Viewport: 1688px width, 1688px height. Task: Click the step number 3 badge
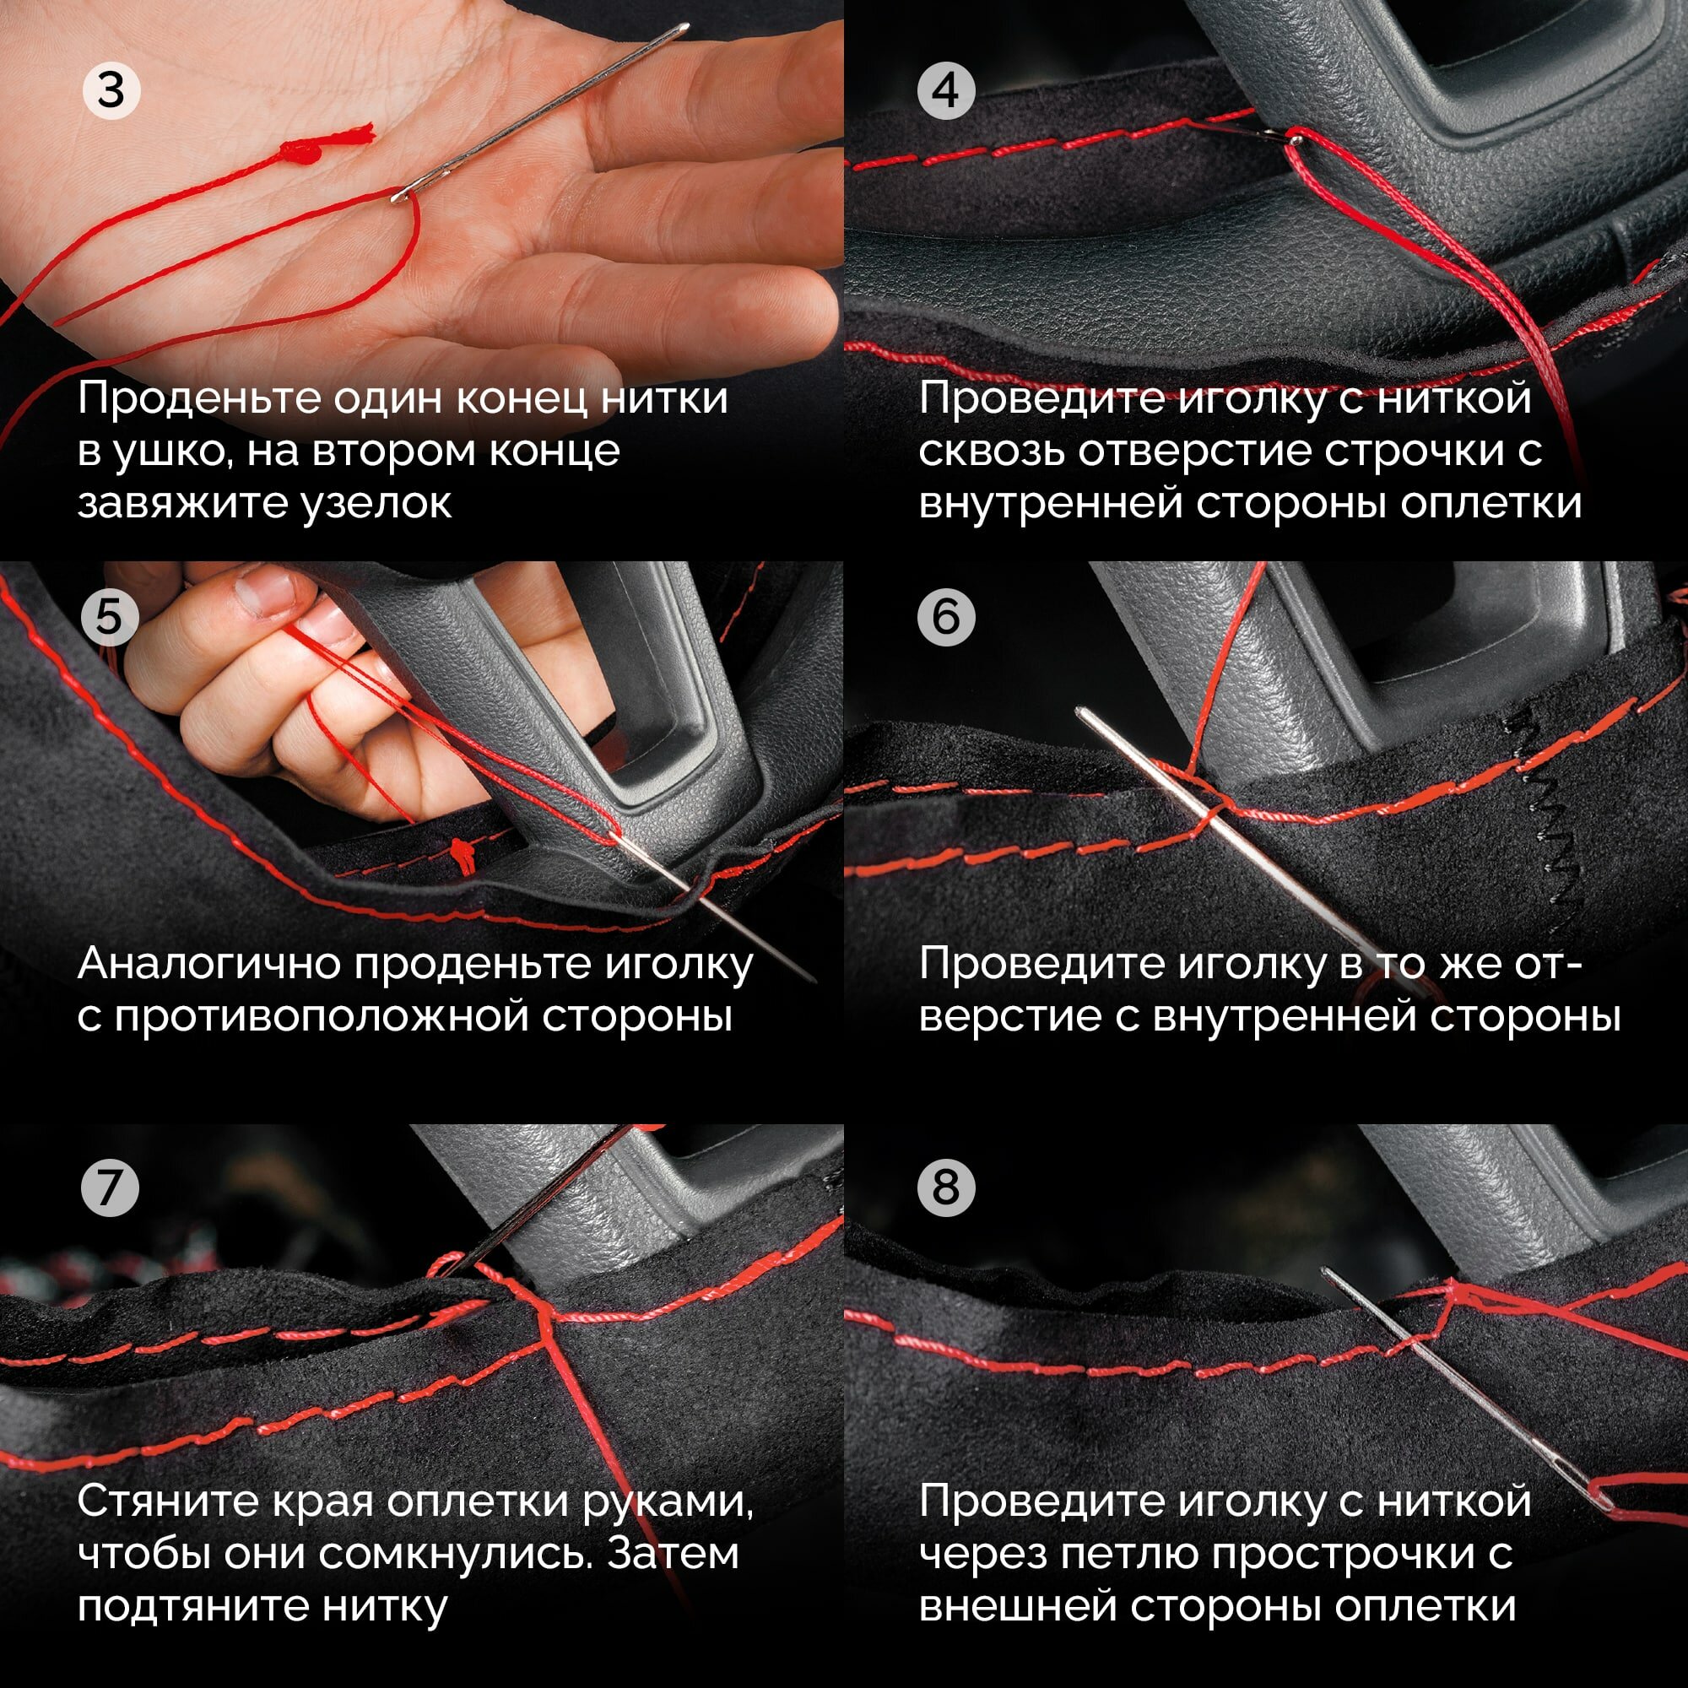pyautogui.click(x=111, y=91)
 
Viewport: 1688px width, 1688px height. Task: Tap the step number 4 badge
pyautogui.click(x=946, y=91)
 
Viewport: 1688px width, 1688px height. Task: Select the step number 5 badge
pyautogui.click(x=109, y=617)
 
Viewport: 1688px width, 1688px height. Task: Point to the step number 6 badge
pyautogui.click(x=946, y=617)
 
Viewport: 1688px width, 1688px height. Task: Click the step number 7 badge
pyautogui.click(x=109, y=1188)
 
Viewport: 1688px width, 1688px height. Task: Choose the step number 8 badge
pyautogui.click(x=946, y=1188)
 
